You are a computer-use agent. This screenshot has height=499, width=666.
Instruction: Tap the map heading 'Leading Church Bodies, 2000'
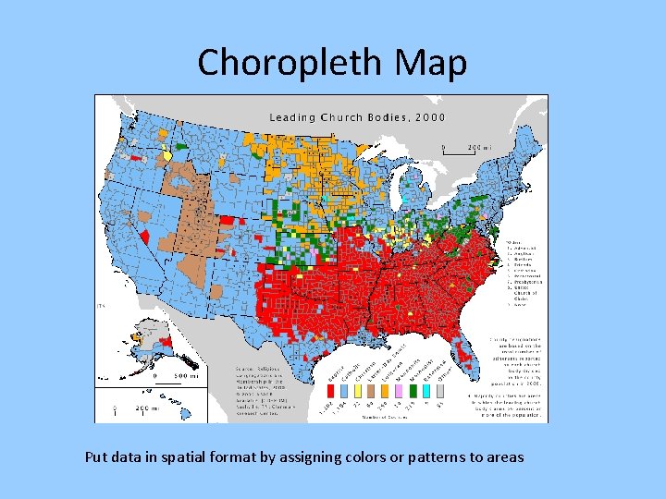pos(357,117)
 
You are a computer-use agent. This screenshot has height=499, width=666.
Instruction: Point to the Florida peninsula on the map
pos(466,347)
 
